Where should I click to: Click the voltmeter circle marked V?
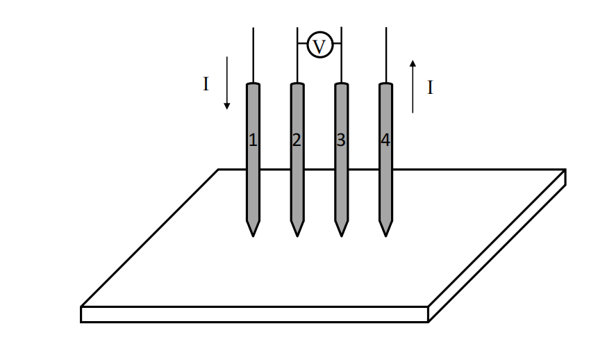319,46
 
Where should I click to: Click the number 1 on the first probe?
253,140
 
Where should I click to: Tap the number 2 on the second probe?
297,140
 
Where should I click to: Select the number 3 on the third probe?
341,140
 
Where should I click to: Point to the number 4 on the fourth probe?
385,140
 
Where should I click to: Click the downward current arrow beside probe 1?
226,83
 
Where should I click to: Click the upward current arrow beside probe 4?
413,86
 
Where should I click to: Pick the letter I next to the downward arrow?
206,84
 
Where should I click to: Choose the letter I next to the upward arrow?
430,88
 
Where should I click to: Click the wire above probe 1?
253,56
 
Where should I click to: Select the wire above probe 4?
385,56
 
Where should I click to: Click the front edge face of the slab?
254,314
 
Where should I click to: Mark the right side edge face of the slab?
497,253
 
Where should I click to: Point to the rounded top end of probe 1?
253,85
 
